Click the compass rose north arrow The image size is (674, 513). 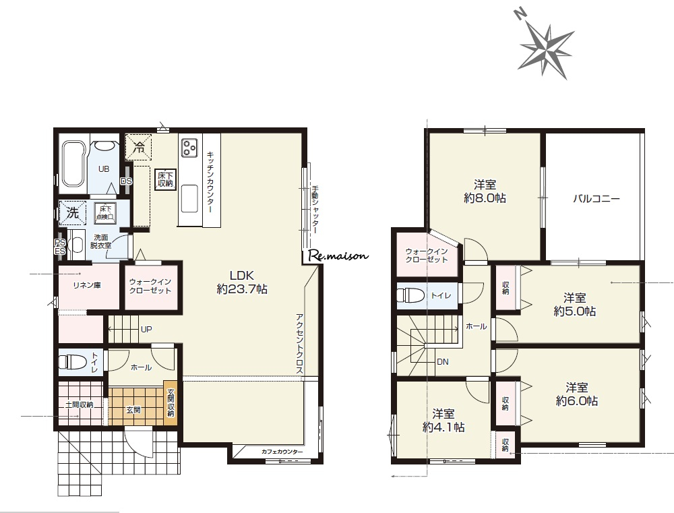tap(546, 47)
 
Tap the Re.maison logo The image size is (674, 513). tap(338, 256)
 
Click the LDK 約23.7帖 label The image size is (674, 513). tap(242, 282)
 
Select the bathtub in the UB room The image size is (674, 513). tap(72, 164)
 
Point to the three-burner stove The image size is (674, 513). tap(189, 147)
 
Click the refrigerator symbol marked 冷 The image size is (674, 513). tap(138, 147)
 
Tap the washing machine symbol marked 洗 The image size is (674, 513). tap(73, 212)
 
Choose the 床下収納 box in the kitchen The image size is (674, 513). tap(164, 179)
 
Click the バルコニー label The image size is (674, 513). tap(596, 199)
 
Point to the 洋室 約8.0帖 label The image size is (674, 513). tap(485, 191)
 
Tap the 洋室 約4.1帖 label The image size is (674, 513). tap(443, 420)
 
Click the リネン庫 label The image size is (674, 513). tap(87, 285)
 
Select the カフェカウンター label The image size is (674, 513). tap(282, 452)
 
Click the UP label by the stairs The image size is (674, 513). tap(146, 330)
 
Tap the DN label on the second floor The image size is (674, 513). tap(443, 362)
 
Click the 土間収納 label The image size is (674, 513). tap(79, 404)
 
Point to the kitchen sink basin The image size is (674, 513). tap(189, 198)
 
